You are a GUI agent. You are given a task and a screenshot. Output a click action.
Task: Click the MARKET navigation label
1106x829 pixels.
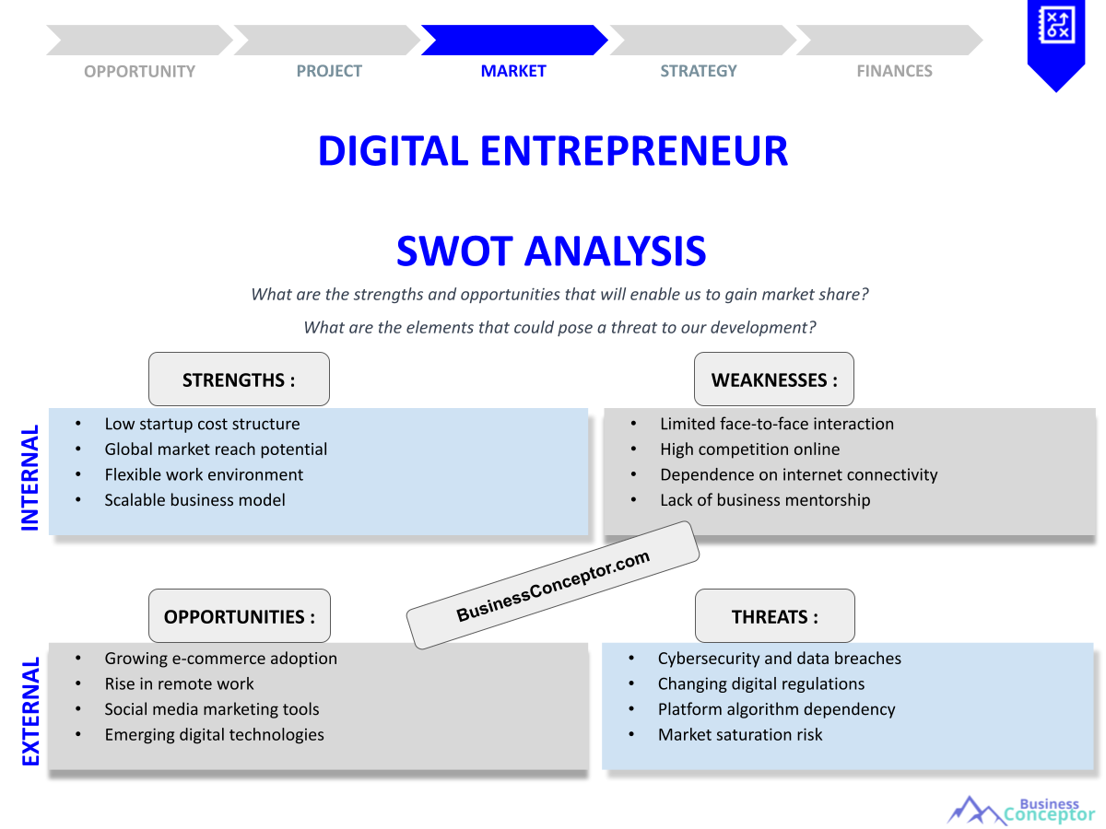[x=513, y=71]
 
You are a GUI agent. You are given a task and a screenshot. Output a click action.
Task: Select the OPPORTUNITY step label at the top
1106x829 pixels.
[x=139, y=71]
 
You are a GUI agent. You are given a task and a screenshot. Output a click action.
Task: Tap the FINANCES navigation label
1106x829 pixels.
[x=894, y=71]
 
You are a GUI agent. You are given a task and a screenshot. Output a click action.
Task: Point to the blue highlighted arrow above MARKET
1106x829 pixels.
[x=513, y=41]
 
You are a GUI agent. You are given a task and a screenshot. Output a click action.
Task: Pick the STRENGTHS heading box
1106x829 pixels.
[x=239, y=379]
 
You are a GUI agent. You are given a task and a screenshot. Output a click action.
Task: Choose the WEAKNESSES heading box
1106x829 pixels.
[x=774, y=379]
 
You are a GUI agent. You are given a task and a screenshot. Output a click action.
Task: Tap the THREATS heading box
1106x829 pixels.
[x=774, y=616]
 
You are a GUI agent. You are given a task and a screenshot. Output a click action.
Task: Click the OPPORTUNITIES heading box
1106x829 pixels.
[x=239, y=616]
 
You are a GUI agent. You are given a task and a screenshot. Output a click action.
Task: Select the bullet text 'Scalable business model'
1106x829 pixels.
[x=194, y=500]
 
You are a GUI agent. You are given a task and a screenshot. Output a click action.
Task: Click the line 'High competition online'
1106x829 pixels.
[x=749, y=450]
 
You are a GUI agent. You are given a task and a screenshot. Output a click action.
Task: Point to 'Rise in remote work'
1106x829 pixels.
[x=179, y=684]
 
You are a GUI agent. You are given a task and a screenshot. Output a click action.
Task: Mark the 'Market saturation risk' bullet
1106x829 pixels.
[x=740, y=735]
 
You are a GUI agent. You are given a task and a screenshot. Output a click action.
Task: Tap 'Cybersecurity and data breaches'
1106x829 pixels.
[x=779, y=659]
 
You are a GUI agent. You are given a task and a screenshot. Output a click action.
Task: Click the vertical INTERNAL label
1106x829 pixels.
[x=30, y=477]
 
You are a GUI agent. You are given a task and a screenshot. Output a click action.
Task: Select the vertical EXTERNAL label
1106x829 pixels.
[x=30, y=710]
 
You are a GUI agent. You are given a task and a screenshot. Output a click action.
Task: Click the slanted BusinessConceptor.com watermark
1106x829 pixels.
[x=553, y=586]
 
